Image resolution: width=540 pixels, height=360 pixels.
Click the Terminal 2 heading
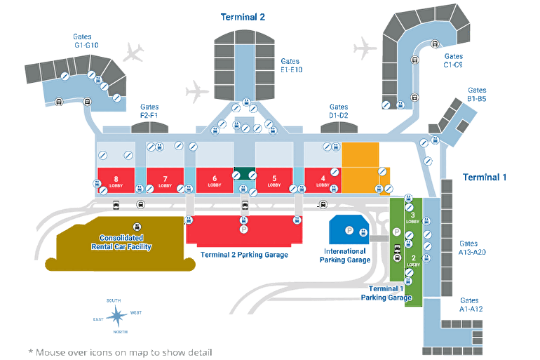[243, 17]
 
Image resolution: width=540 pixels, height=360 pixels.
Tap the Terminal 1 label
[484, 177]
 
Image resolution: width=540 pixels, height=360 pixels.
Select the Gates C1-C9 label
[453, 60]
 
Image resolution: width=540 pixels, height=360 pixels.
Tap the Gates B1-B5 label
[477, 95]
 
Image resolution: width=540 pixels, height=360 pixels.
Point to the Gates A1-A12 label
[471, 305]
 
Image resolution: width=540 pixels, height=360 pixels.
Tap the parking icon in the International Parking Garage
[349, 229]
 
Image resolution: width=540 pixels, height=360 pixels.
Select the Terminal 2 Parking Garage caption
[244, 255]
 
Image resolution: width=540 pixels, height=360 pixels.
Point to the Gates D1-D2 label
[338, 111]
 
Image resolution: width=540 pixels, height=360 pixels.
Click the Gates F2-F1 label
[149, 111]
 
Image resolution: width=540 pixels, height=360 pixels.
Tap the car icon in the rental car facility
[137, 226]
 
